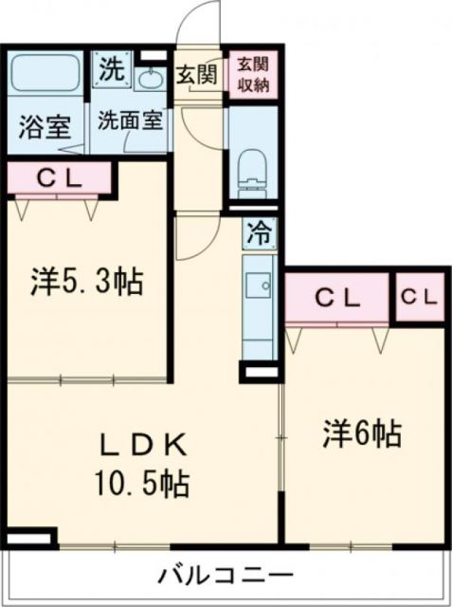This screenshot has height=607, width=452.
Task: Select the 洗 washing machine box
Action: [x=113, y=69]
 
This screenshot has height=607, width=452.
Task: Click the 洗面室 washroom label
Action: [x=130, y=120]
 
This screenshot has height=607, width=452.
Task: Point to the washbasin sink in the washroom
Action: [x=150, y=79]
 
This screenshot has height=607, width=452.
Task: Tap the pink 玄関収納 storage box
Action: [x=253, y=74]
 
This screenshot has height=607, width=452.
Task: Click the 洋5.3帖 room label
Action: [x=86, y=281]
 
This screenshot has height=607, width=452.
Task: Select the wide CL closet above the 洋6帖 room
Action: [x=337, y=297]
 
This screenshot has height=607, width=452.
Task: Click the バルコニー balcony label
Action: [x=226, y=575]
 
